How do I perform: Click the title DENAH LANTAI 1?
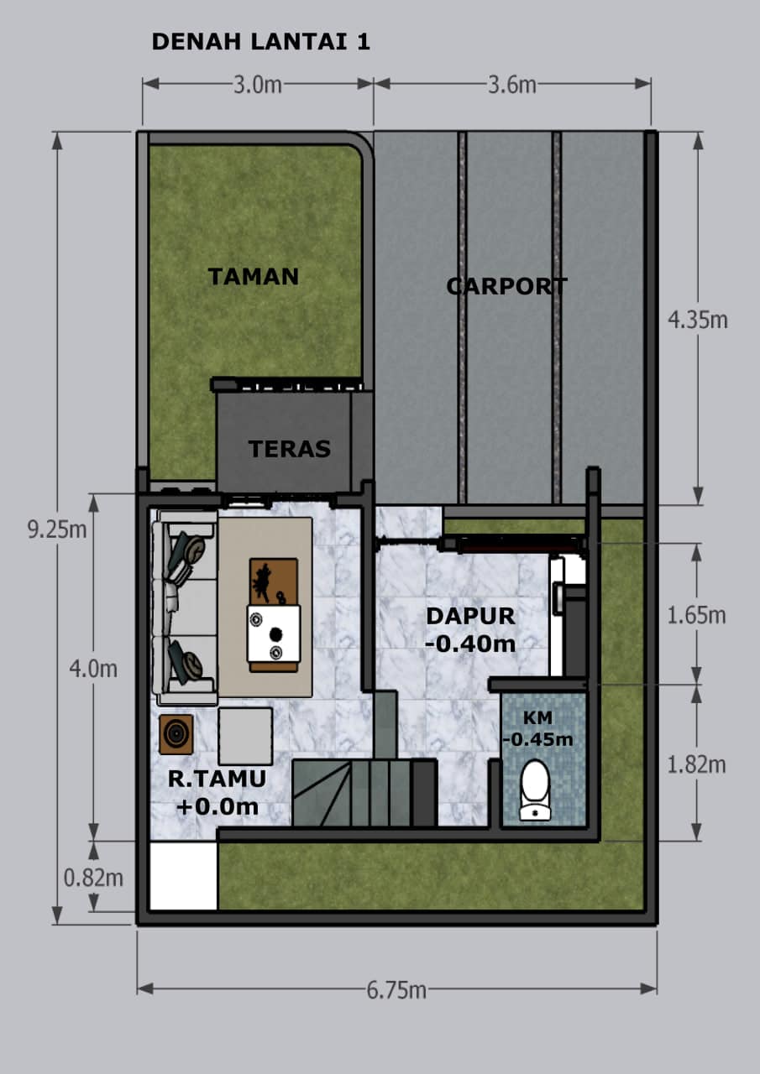click(260, 42)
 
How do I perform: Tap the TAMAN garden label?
click(254, 277)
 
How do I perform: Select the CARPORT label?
click(506, 286)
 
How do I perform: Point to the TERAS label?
click(290, 449)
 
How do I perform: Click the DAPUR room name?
click(470, 616)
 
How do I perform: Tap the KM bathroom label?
click(537, 717)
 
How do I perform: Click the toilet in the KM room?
click(536, 790)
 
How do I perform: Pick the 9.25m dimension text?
click(56, 529)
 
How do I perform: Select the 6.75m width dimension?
click(396, 990)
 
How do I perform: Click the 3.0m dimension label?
click(257, 85)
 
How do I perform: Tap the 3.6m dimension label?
click(512, 85)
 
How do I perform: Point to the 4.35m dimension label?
click(698, 320)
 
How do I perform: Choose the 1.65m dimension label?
click(697, 615)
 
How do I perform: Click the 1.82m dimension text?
click(697, 764)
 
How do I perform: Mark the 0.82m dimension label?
click(93, 878)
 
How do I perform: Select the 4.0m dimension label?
click(93, 669)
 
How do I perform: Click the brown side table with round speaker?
click(176, 734)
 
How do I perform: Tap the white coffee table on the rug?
click(274, 633)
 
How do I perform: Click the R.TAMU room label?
click(217, 779)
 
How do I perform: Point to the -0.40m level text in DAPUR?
click(470, 644)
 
